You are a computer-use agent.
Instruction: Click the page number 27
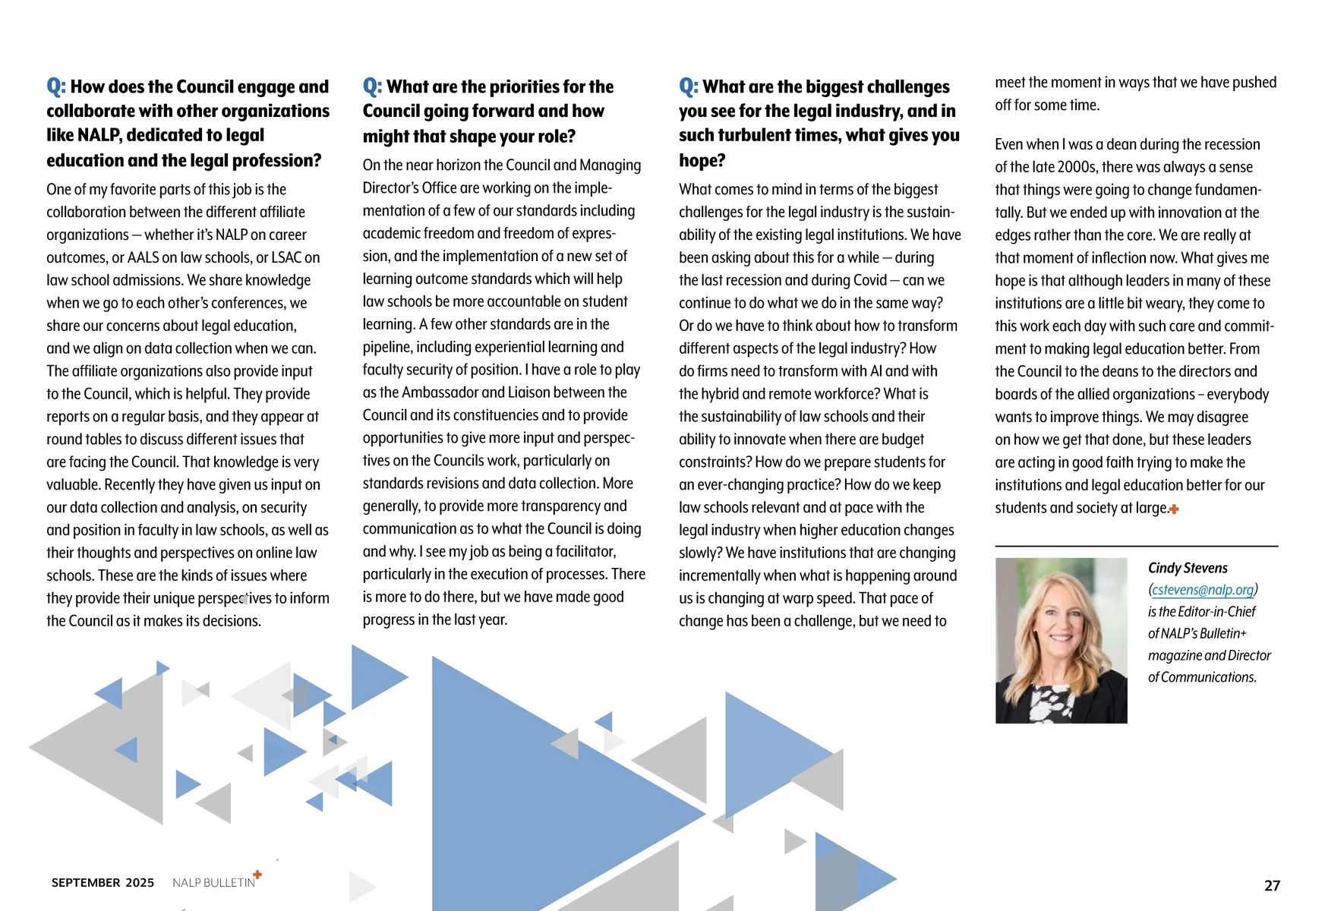(x=1272, y=885)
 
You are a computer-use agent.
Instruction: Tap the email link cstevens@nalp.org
(x=1203, y=590)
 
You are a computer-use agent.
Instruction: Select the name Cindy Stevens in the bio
(x=1188, y=568)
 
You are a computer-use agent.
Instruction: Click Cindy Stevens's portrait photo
(x=1061, y=640)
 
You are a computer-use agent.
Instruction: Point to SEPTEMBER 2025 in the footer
(x=103, y=882)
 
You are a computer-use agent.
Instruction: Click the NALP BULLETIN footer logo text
(x=213, y=882)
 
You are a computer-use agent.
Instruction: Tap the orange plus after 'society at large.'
(x=1174, y=509)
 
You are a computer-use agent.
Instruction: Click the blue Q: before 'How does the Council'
(x=56, y=87)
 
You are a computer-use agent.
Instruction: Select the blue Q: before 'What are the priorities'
(x=372, y=87)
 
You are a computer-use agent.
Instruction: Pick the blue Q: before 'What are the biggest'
(x=689, y=87)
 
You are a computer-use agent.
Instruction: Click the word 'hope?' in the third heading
(x=702, y=160)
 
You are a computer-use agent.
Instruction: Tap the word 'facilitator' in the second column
(x=576, y=552)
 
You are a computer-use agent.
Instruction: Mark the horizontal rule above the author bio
(x=1136, y=546)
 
